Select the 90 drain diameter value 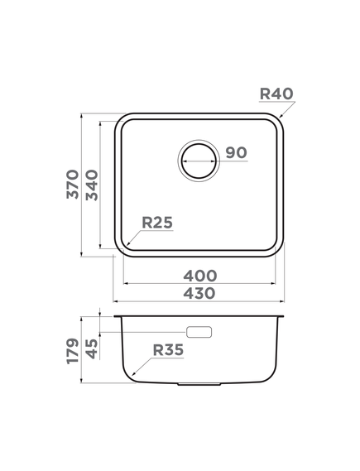click(235, 152)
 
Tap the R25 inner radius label click(156, 222)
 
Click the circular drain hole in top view click(199, 158)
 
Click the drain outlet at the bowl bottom click(199, 385)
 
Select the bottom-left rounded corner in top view click(122, 248)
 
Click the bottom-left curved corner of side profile click(132, 376)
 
